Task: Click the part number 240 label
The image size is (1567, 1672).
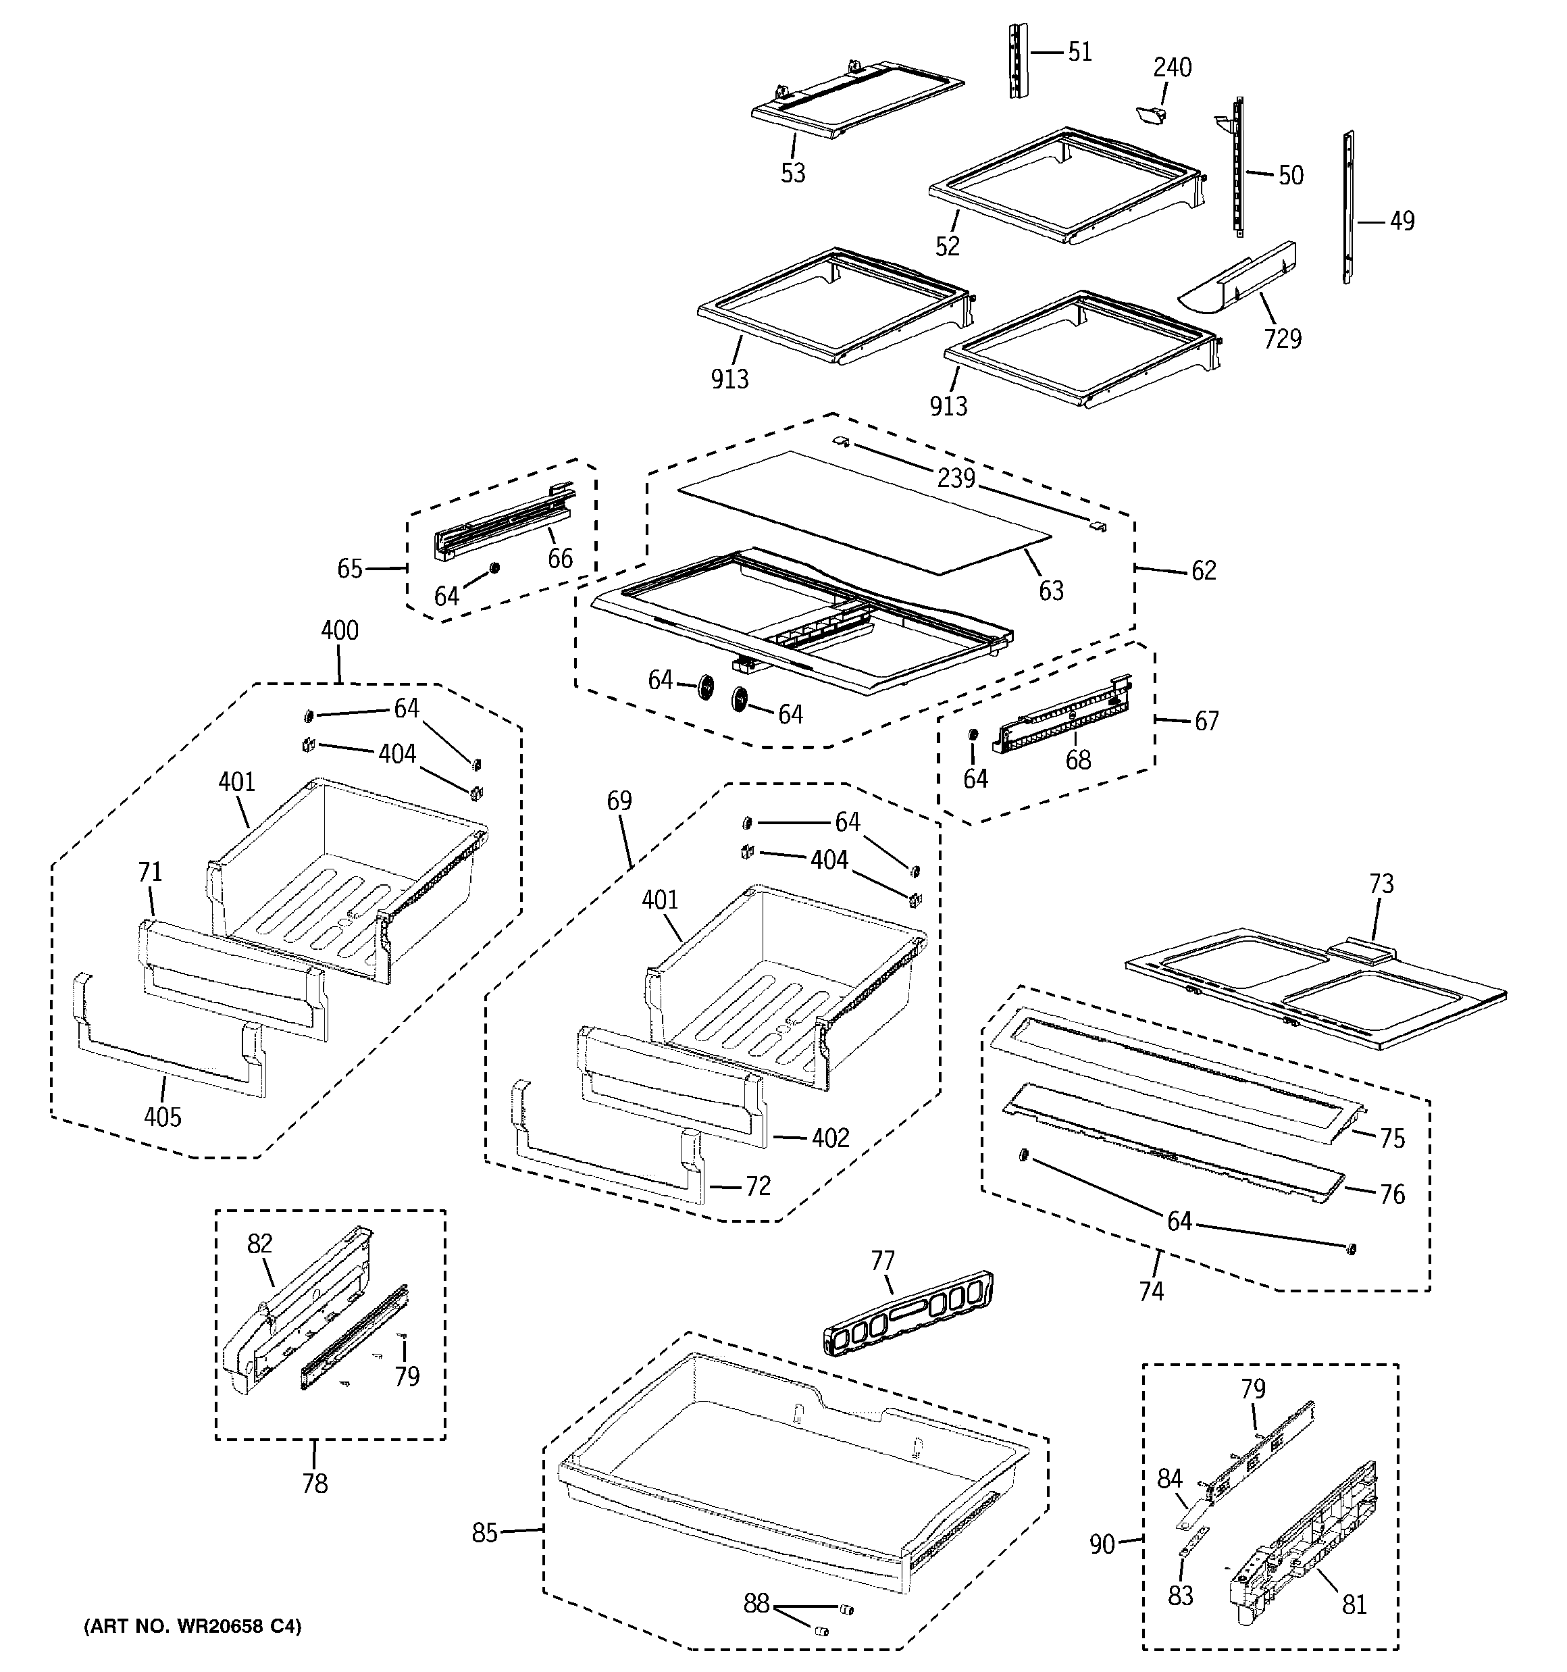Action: pos(1172,68)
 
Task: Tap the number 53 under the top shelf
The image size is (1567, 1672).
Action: pos(792,173)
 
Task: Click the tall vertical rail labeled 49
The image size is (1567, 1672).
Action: pos(1347,207)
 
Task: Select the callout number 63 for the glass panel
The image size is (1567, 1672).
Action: pos(1050,591)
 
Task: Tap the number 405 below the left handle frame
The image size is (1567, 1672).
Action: pos(162,1117)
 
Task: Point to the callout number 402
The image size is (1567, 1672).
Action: pos(829,1138)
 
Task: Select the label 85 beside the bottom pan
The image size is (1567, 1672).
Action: pos(484,1534)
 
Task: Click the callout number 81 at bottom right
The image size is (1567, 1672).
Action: pos(1354,1604)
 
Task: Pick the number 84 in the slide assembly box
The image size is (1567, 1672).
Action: pos(1169,1479)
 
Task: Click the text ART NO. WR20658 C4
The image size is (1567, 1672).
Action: pos(192,1627)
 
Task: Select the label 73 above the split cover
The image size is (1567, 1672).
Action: pos(1381,884)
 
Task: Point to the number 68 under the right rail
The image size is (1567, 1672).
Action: pos(1077,760)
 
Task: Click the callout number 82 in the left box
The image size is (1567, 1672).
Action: pos(260,1243)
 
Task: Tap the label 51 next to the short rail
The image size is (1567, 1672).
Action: pos(1079,52)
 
